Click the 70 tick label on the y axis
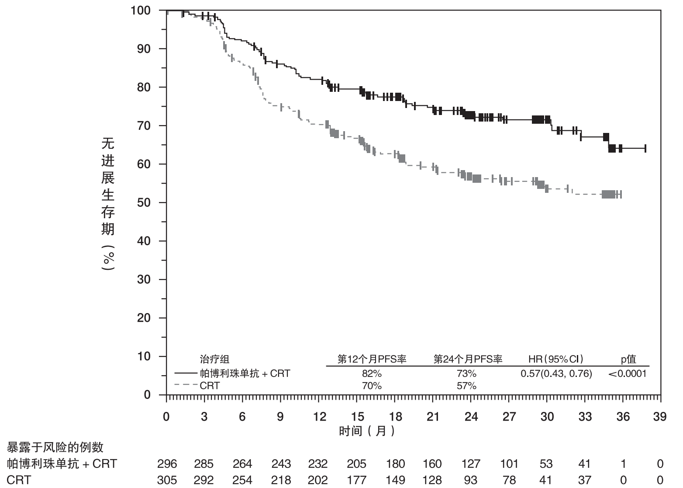click(144, 125)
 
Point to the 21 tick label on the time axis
click(433, 417)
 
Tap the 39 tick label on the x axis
click(660, 417)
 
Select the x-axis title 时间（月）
click(367, 431)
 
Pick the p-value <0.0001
click(627, 373)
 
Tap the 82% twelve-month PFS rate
click(372, 373)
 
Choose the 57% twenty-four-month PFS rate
click(466, 386)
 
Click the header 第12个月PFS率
click(372, 359)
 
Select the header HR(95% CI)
click(556, 359)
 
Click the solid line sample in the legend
click(186, 373)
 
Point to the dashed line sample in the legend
click(186, 385)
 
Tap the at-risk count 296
click(167, 464)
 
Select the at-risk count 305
click(167, 480)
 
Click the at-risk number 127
click(471, 464)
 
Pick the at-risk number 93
click(470, 480)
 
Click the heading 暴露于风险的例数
click(55, 447)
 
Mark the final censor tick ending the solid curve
click(645, 148)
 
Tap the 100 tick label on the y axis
click(141, 10)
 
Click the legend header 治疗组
click(214, 359)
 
